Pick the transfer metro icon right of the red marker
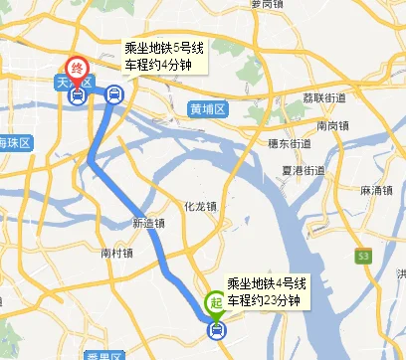(113, 95)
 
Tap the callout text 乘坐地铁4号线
(266, 283)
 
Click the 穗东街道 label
(262, 144)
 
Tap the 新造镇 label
(147, 223)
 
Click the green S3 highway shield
(364, 257)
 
